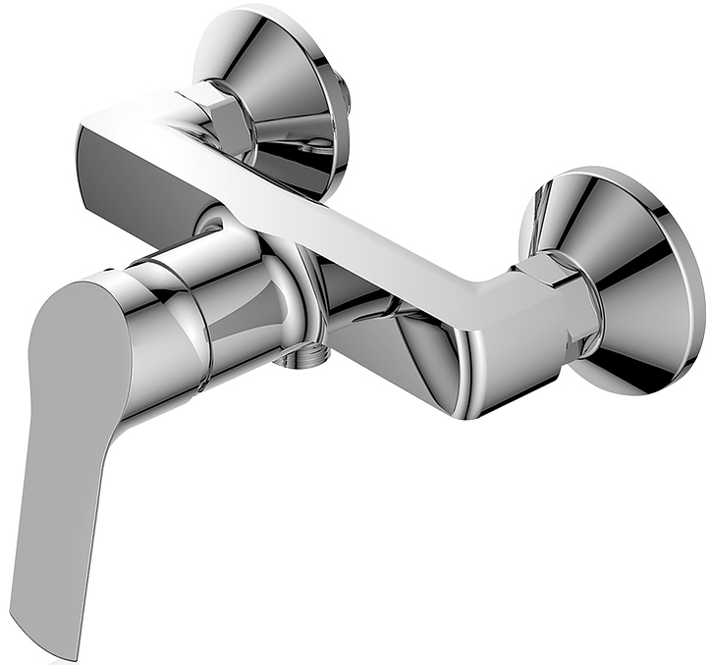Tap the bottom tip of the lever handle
point(62,642)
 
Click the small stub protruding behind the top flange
point(345,93)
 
